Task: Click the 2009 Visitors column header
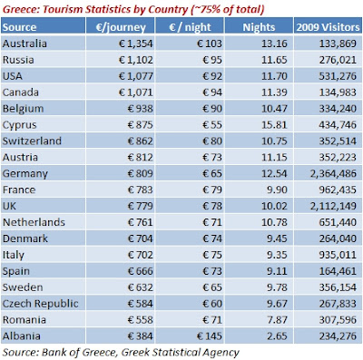tap(328, 27)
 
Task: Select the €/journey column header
tap(121, 27)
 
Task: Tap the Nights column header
tap(259, 27)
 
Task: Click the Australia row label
tap(25, 44)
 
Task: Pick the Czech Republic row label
tap(40, 304)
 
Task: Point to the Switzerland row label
tap(32, 141)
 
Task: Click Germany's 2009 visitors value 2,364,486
tap(333, 173)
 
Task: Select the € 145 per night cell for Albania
tap(210, 336)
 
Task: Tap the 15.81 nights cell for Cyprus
tap(274, 125)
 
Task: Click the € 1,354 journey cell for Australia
tap(136, 44)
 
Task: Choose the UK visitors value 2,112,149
tap(333, 206)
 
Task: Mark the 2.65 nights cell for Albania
tap(277, 336)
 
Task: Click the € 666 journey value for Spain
tap(141, 271)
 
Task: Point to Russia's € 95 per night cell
tap(212, 60)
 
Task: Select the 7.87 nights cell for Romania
tap(277, 320)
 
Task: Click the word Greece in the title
tap(21, 9)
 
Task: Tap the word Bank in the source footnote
tap(52, 352)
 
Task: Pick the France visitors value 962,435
tap(338, 190)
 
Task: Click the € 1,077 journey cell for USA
tap(136, 76)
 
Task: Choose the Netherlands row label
tap(34, 222)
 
